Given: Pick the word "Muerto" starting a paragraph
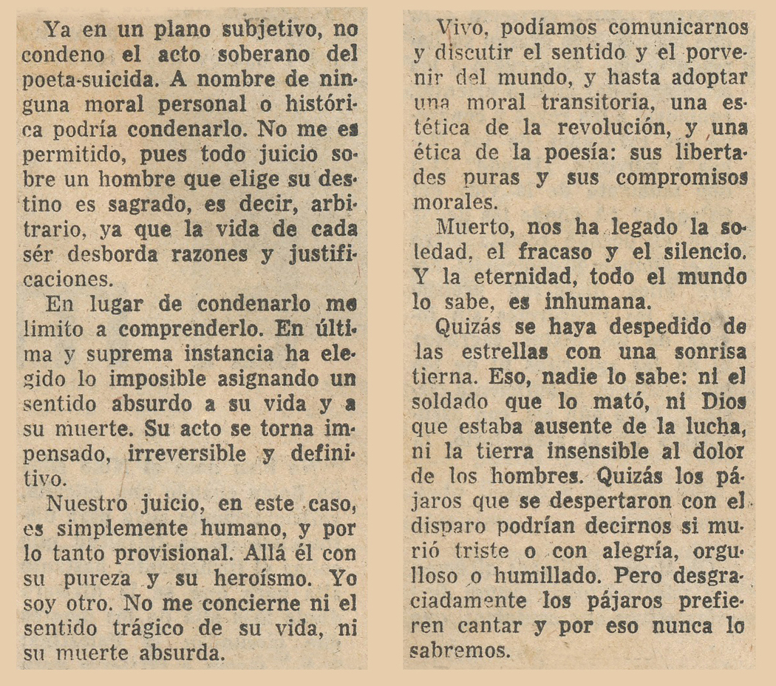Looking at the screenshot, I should click(x=472, y=227).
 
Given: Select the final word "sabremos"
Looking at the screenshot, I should click(x=463, y=652).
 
